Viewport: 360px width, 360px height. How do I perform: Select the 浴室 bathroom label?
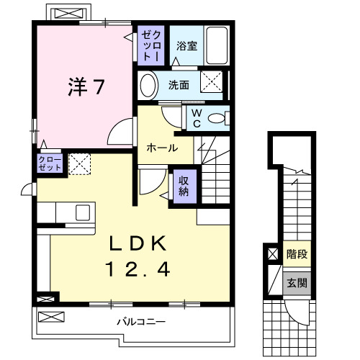(x=187, y=46)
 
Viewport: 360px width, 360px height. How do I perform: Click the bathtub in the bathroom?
(x=217, y=44)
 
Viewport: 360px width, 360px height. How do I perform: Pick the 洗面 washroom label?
(x=179, y=85)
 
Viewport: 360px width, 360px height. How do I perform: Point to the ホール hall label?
(x=163, y=148)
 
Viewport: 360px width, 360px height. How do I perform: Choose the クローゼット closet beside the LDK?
(x=49, y=163)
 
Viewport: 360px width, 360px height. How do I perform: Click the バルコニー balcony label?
(x=141, y=322)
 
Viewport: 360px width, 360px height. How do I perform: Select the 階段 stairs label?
(x=296, y=254)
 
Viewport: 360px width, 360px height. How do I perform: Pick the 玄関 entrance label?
(x=296, y=282)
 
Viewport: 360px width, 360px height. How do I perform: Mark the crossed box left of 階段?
(x=272, y=254)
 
